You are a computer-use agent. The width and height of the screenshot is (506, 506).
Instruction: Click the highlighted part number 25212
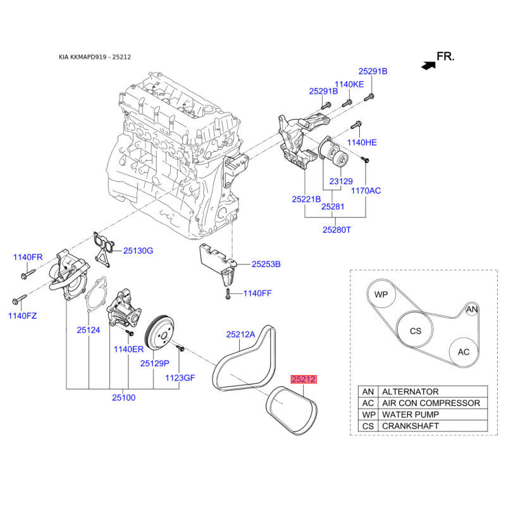click(x=304, y=379)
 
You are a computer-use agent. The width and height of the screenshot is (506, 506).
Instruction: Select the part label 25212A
click(x=241, y=335)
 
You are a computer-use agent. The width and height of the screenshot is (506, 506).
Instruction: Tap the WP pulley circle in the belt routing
click(x=381, y=294)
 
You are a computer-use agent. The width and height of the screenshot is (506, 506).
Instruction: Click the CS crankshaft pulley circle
click(x=416, y=330)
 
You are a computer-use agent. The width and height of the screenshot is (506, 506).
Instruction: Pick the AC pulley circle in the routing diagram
click(x=464, y=352)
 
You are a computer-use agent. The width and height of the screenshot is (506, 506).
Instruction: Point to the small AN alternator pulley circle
click(x=472, y=309)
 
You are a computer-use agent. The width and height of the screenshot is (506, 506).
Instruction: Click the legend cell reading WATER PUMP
click(x=410, y=414)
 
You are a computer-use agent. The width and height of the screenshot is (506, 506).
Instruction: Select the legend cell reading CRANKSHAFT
click(x=410, y=426)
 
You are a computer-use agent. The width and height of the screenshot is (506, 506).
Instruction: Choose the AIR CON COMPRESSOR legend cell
click(x=431, y=403)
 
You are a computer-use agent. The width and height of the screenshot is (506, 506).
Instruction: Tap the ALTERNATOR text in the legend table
click(x=410, y=392)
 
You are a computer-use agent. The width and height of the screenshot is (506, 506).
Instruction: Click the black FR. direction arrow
click(x=429, y=66)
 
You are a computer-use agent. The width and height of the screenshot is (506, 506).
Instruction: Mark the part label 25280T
click(x=336, y=230)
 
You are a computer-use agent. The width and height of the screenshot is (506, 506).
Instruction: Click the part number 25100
click(x=123, y=398)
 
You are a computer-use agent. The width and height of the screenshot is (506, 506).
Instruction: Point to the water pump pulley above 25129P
click(x=159, y=333)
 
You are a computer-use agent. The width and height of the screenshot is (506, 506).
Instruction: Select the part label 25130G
click(x=138, y=250)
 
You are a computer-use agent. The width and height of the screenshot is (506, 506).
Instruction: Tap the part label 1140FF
click(x=257, y=293)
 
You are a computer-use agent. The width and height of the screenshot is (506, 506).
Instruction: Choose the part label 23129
click(x=341, y=182)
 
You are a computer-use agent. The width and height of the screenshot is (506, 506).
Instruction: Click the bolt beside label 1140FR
click(x=28, y=274)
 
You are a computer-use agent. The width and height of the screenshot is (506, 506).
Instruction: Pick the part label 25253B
click(x=266, y=264)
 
